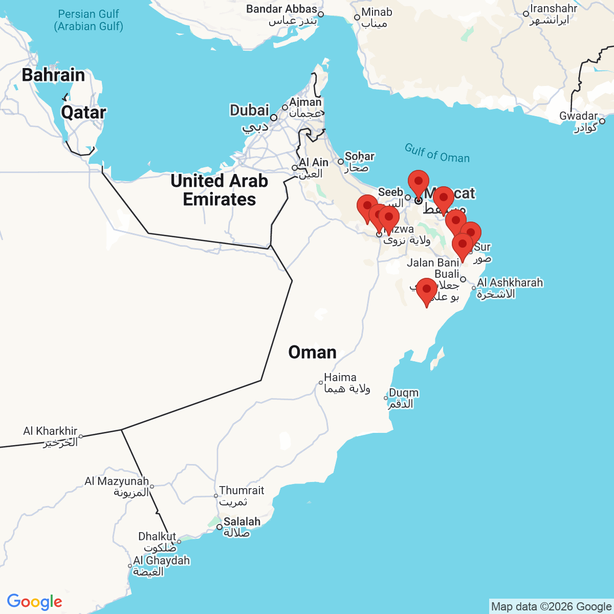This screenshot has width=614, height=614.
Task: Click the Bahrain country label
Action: (x=53, y=75)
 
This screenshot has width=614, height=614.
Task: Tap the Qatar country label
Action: (x=83, y=112)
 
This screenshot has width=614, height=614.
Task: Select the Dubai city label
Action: (x=249, y=110)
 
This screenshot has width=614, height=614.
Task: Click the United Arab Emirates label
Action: (x=219, y=190)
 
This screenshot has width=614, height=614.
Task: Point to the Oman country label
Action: (x=312, y=352)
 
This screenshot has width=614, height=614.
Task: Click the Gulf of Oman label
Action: (x=437, y=153)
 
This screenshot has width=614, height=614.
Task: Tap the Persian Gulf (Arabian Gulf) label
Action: (x=89, y=20)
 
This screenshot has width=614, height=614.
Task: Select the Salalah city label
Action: (x=242, y=521)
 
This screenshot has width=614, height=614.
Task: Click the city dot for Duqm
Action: (x=386, y=398)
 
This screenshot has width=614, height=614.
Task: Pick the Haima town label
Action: (x=340, y=377)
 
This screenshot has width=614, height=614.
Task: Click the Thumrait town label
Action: (x=242, y=490)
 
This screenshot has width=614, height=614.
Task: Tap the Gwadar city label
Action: (x=578, y=116)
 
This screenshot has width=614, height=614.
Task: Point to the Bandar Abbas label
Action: (x=281, y=9)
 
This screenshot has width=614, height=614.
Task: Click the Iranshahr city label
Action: (x=554, y=9)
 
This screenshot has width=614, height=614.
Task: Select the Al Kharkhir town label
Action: (x=50, y=431)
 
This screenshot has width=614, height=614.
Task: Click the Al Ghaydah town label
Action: (x=161, y=560)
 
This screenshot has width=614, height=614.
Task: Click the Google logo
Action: (x=34, y=602)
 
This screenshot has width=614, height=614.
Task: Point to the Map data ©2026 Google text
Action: (x=551, y=607)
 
